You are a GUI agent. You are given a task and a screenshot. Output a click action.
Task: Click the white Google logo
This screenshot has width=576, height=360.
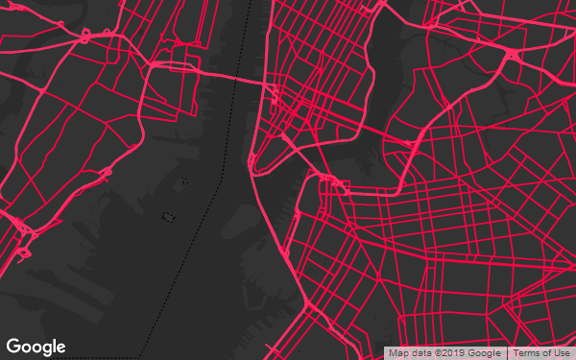tap(36, 347)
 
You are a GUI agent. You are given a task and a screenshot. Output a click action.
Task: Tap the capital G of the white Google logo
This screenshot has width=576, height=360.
tap(13, 347)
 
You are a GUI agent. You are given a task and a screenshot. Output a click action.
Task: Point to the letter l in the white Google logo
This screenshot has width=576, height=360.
tap(54, 346)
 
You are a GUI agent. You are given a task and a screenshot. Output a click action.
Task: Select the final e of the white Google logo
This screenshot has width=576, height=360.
tap(60, 348)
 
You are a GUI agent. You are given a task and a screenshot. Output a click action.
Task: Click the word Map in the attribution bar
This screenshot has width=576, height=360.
tap(397, 353)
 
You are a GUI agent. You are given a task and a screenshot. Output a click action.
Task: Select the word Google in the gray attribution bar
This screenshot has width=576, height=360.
tap(485, 353)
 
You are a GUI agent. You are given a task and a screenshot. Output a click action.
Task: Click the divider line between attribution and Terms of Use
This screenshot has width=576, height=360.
tap(507, 353)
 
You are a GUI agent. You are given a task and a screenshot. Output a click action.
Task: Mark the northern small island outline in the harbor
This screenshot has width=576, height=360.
tap(185, 180)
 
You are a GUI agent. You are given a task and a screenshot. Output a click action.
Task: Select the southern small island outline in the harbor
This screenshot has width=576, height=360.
tap(169, 217)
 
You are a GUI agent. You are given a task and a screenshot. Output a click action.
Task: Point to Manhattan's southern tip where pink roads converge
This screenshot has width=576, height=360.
tap(253, 169)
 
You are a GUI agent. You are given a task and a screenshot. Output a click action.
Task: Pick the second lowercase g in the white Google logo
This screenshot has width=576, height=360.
tap(46, 348)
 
